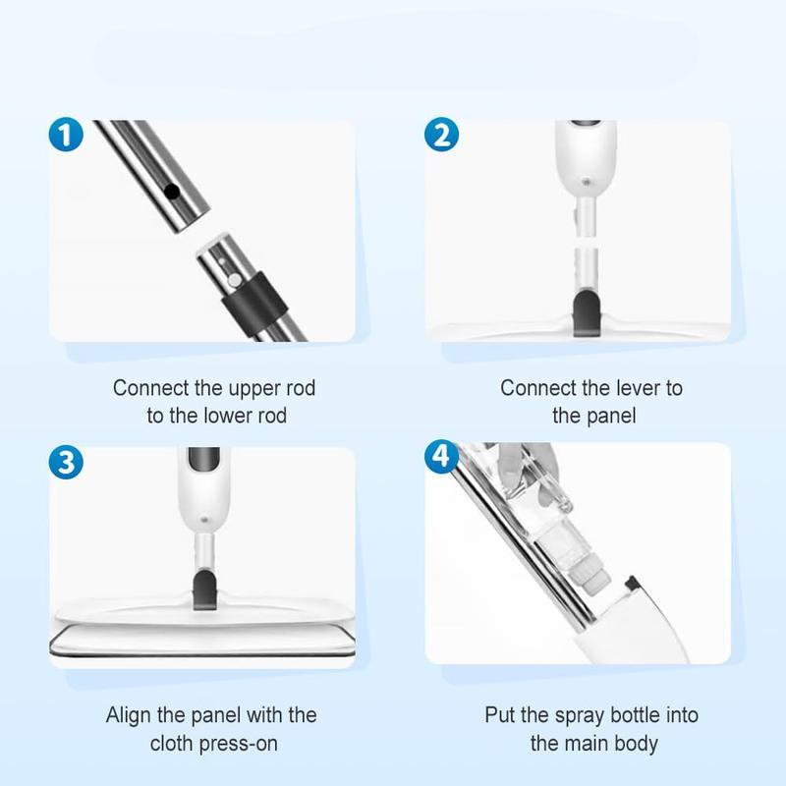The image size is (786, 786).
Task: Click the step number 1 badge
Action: (x=65, y=136)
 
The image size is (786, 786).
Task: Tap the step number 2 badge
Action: (x=441, y=135)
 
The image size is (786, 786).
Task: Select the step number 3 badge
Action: (x=65, y=463)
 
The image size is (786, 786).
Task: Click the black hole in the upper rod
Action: (x=171, y=193)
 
